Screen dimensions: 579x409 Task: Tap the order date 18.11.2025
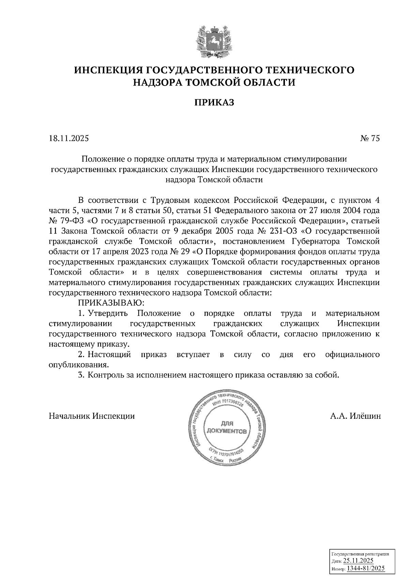[x=69, y=138]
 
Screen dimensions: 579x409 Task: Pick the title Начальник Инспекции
[x=92, y=416]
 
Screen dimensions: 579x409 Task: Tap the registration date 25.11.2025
[x=358, y=560]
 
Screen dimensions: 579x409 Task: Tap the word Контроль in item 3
[x=104, y=375]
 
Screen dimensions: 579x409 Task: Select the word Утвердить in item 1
[x=108, y=313]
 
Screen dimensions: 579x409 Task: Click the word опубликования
[x=79, y=365]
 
